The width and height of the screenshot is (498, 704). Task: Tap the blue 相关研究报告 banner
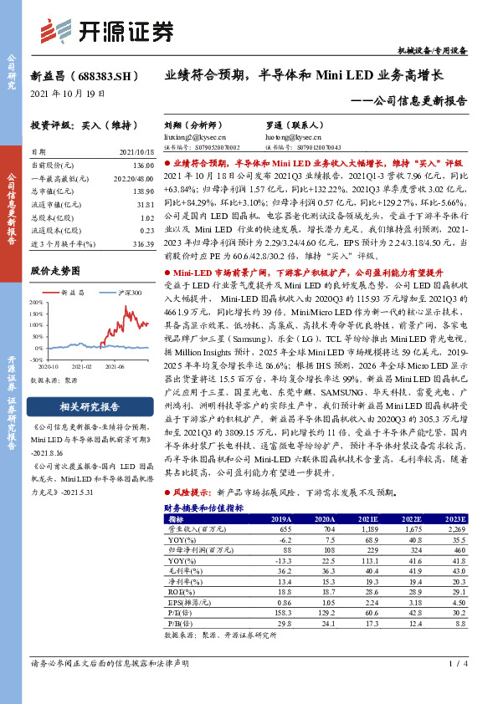coord(90,407)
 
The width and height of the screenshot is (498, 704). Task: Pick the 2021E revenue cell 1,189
coord(371,529)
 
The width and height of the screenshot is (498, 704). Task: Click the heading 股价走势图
coord(55,272)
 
